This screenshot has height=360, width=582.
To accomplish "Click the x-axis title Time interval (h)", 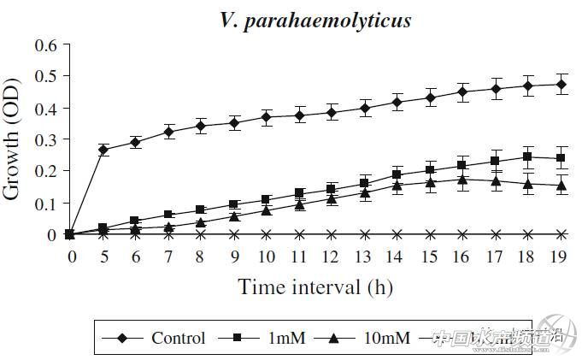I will click(315, 286).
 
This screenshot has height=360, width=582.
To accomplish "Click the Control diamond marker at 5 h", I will click(103, 150).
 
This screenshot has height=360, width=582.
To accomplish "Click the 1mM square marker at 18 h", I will click(529, 156).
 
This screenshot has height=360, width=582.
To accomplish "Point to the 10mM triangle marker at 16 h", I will click(463, 179).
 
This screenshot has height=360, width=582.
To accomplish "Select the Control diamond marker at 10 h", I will click(267, 116).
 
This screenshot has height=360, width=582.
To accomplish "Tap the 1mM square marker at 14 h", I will click(397, 174).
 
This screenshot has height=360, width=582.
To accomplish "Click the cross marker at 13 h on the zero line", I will click(365, 233).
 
